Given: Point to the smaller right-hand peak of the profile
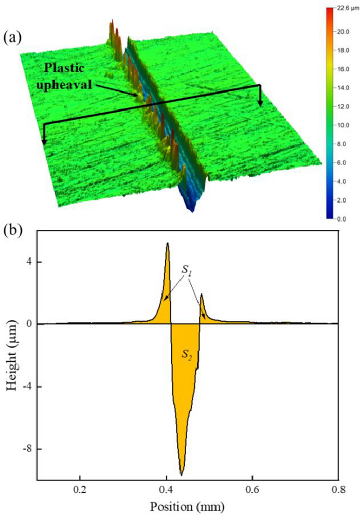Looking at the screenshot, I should (201, 295).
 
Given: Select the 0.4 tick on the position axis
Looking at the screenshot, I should (166, 489).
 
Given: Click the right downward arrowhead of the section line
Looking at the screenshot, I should (260, 103).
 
